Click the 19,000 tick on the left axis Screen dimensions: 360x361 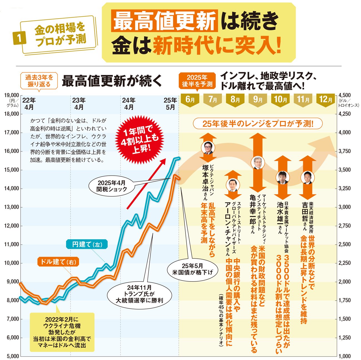click(12, 95)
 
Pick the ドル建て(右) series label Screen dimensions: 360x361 click(58, 261)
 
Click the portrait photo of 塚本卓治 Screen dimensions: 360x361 click(208, 147)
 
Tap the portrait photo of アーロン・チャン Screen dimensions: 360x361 click(233, 185)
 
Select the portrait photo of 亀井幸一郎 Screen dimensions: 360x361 click(257, 162)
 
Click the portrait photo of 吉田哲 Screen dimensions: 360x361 click(307, 178)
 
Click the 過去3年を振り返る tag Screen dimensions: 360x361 click(39, 80)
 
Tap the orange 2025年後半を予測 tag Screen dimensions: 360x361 click(197, 80)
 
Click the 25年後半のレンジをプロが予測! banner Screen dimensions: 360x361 click(258, 124)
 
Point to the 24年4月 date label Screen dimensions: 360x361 click(129, 104)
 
